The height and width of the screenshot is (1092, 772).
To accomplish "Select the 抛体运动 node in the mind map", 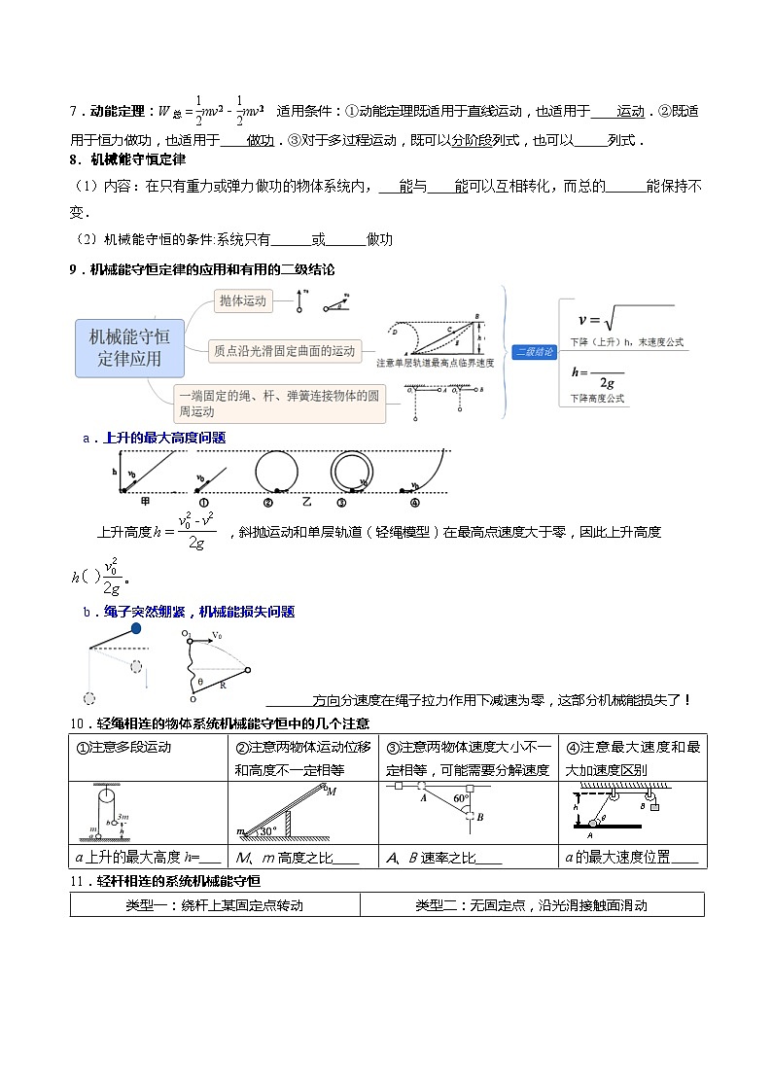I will point(242,301).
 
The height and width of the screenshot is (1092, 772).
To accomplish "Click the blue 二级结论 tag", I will point(534,352).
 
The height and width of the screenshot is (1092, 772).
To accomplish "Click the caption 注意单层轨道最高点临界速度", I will point(435,363).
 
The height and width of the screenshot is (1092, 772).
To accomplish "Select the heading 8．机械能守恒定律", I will point(127,159).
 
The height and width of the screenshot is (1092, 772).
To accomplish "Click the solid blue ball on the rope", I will point(135,629).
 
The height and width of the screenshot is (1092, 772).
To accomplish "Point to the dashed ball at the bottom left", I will point(89,697).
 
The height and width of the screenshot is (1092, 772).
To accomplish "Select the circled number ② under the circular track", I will point(266,503).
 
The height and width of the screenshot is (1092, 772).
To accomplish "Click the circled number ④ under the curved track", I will point(413,503).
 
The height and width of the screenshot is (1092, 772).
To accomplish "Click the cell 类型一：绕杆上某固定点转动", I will point(215,905).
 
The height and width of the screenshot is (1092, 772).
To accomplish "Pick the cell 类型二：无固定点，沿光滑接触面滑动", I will point(531,905).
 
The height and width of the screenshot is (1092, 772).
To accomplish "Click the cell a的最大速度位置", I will point(632,857).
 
